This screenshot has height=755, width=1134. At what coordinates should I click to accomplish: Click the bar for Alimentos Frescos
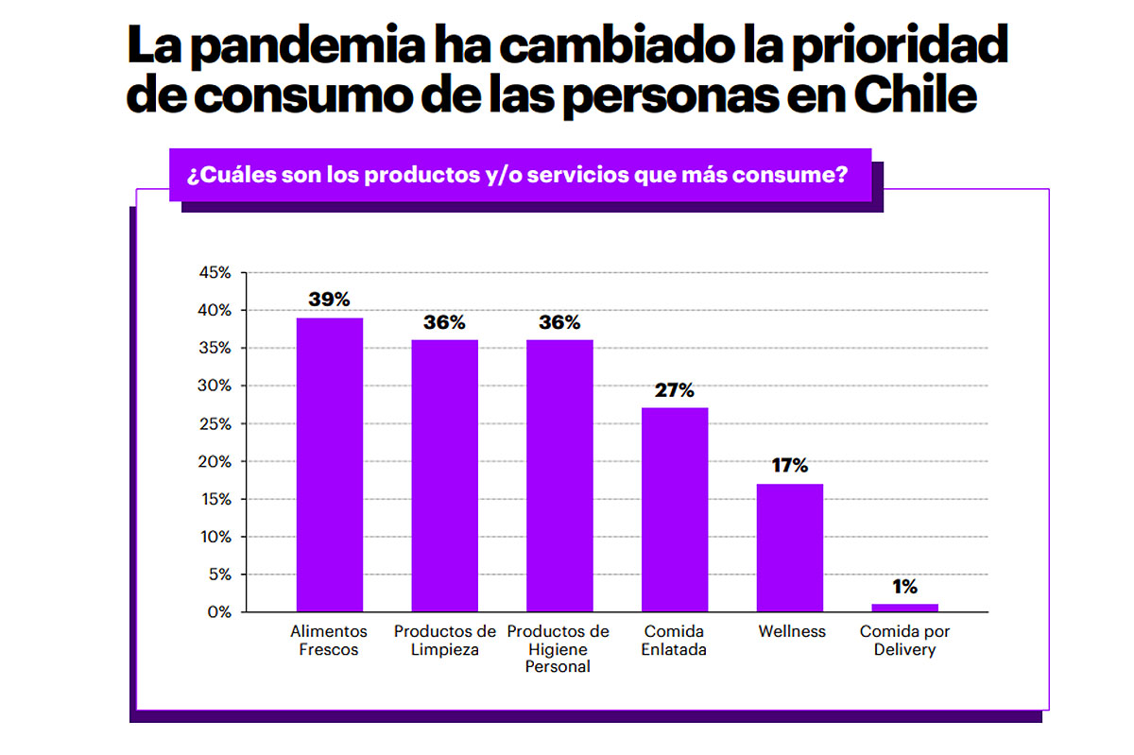tap(329, 465)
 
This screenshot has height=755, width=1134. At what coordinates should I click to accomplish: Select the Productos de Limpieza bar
tap(444, 475)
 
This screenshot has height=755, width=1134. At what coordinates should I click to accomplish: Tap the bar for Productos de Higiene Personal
tap(559, 475)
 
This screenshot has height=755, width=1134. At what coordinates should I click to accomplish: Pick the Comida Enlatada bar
tap(675, 509)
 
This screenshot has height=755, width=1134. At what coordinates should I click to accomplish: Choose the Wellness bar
tap(790, 547)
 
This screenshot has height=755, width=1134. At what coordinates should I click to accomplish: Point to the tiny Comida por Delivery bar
tap(904, 608)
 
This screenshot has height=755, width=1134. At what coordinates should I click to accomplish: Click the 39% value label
tap(329, 300)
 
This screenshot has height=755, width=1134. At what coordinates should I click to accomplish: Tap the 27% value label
tap(675, 389)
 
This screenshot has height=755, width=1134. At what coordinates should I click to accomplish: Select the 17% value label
tap(789, 465)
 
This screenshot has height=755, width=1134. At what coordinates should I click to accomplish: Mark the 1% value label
tap(904, 586)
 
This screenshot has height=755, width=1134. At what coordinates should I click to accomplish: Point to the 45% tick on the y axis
tap(215, 273)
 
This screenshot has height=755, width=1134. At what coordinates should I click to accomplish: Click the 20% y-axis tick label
tap(215, 461)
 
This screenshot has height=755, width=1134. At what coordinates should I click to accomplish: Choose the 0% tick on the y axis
tap(219, 612)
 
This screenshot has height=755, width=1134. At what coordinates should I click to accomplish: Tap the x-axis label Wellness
tap(791, 631)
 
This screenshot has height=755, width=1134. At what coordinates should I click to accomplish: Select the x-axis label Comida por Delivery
tap(904, 640)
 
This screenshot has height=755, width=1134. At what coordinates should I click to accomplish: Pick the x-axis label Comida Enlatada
tap(675, 640)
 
